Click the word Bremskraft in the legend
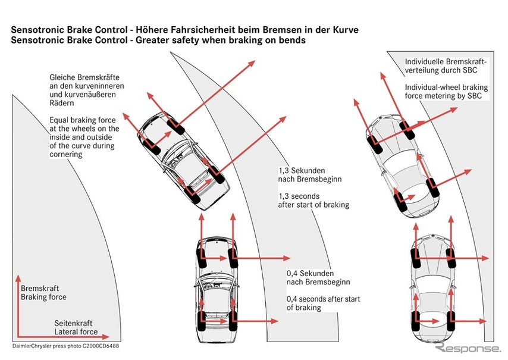coord(39,287)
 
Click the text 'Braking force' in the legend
coord(43,296)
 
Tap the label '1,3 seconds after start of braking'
coord(313,200)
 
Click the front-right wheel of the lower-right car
coord(451,256)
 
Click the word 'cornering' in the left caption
coord(66,154)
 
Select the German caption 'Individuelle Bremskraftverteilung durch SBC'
coord(446,65)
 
